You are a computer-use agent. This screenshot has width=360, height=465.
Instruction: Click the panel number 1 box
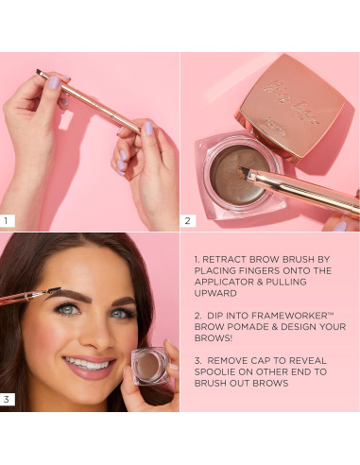(x=8, y=221)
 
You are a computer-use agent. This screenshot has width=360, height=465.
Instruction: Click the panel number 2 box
(x=188, y=221)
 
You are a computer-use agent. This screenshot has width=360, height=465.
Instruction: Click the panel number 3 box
(x=8, y=400)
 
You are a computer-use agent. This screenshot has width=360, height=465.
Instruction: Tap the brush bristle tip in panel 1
(x=41, y=72)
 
